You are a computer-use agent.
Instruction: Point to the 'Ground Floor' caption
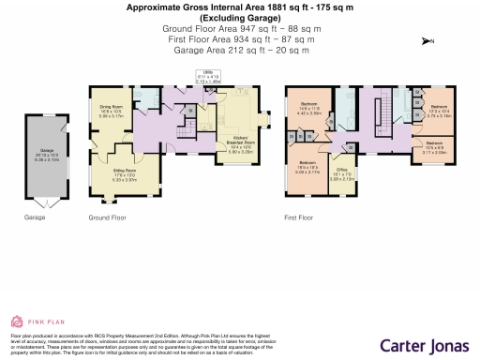(x=107, y=217)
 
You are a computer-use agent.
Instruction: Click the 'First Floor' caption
(x=298, y=217)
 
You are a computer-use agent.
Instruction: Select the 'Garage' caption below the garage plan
(x=35, y=217)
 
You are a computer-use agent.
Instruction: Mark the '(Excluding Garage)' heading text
(x=239, y=19)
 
